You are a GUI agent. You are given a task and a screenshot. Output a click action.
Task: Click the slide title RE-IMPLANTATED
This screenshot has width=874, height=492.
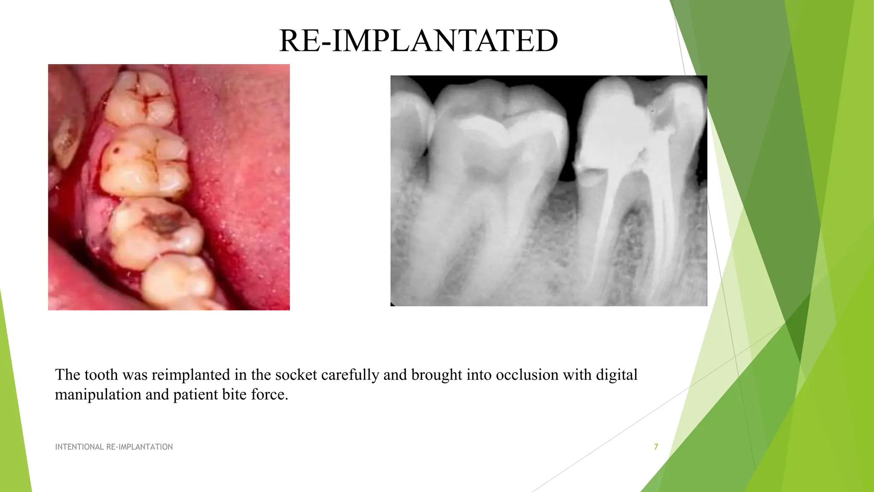418,41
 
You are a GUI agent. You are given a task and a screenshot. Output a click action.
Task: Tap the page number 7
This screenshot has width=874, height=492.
656,447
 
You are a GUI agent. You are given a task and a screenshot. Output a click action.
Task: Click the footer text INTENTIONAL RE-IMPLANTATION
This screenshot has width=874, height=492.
114,447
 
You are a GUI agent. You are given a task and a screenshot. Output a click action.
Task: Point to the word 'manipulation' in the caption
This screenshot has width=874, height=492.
98,394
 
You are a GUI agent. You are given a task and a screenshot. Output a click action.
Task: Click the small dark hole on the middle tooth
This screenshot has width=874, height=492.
116,150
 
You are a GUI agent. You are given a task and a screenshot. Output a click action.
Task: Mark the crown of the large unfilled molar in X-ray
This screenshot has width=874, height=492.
499,128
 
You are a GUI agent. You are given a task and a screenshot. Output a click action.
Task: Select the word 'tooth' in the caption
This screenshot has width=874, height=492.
101,375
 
